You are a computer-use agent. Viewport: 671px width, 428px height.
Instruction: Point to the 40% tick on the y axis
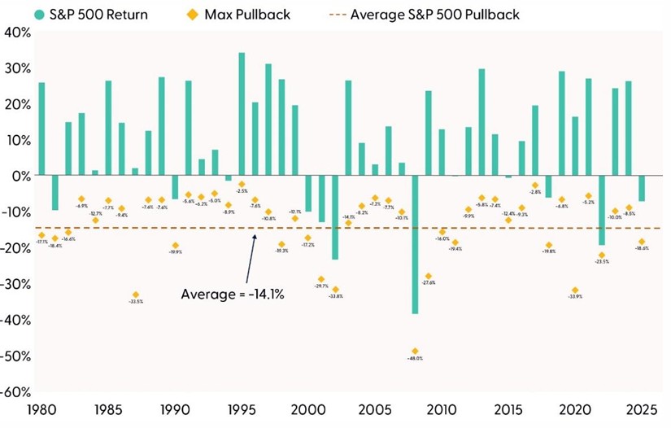(16, 33)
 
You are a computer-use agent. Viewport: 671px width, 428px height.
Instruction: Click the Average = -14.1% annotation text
(232, 295)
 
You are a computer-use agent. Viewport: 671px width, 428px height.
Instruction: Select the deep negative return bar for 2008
(415, 244)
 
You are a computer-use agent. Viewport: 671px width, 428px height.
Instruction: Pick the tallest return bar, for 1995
(242, 114)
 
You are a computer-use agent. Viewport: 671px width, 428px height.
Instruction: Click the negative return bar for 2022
(602, 210)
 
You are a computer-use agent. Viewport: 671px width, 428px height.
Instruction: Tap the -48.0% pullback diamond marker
(415, 352)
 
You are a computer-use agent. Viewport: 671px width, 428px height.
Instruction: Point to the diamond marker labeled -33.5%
(135, 295)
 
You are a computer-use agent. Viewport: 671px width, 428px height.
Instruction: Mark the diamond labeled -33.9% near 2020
(575, 290)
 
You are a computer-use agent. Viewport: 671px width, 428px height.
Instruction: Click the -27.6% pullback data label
(429, 283)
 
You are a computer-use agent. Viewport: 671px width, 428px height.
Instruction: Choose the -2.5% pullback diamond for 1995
(242, 185)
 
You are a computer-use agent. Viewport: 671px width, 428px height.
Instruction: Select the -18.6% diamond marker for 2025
(642, 242)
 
